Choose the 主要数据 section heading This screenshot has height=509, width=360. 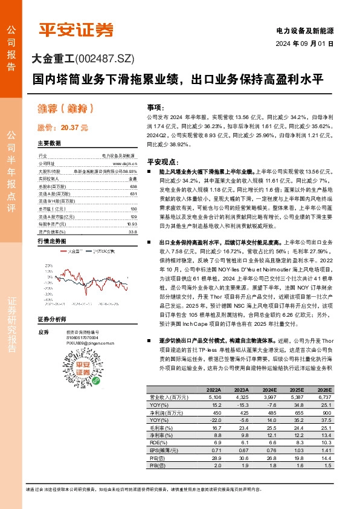[50, 143]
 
